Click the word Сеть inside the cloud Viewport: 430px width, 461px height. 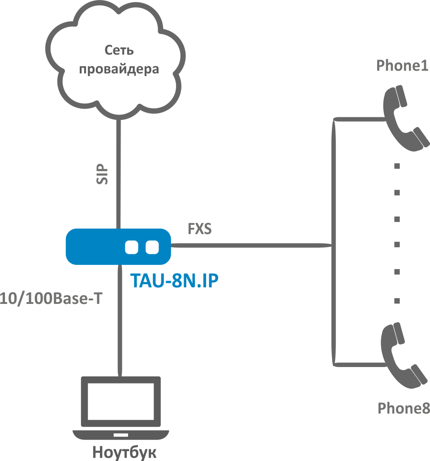119,50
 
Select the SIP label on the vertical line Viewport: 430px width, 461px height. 102,174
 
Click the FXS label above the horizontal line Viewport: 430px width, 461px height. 200,229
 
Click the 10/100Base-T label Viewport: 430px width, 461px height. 52,299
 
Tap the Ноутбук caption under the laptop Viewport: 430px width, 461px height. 125,452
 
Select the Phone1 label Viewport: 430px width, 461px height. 403,66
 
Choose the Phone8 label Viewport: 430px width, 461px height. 404,408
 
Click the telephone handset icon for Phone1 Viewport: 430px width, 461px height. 404,119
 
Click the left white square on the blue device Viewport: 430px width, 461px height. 132,247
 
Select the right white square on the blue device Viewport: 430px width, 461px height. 152,247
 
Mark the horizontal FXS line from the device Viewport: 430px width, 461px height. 251,245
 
